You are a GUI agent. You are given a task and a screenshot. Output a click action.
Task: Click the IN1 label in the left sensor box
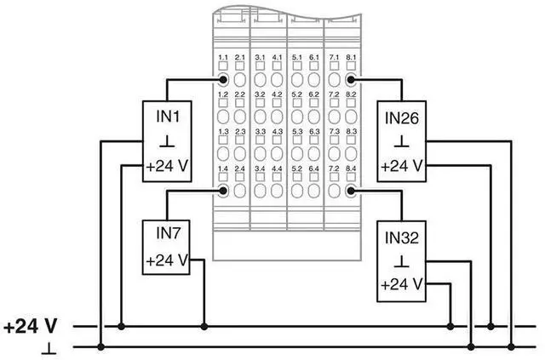166,114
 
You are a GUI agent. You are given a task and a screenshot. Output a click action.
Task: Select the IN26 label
402,116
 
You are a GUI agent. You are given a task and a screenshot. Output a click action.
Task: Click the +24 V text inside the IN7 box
166,260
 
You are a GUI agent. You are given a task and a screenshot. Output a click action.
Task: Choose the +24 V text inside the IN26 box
402,165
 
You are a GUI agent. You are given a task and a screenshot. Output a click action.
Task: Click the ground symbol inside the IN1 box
166,139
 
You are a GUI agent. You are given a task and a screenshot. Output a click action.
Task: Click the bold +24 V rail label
31,326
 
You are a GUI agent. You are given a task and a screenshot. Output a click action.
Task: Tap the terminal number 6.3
314,133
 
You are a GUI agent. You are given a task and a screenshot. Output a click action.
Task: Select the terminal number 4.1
278,57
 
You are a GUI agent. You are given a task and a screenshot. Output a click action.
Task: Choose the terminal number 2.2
240,94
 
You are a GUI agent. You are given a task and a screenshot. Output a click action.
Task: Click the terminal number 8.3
351,133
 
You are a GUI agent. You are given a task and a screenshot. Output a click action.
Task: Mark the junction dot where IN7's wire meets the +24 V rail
204,326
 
